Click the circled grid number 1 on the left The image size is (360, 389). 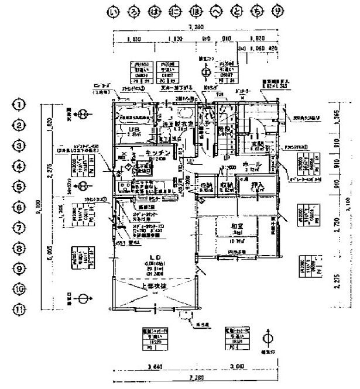click(20, 105)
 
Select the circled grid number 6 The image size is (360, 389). click(20, 207)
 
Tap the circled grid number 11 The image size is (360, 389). click(20, 310)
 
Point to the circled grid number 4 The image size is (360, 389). click(20, 166)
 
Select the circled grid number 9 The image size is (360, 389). click(20, 268)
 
